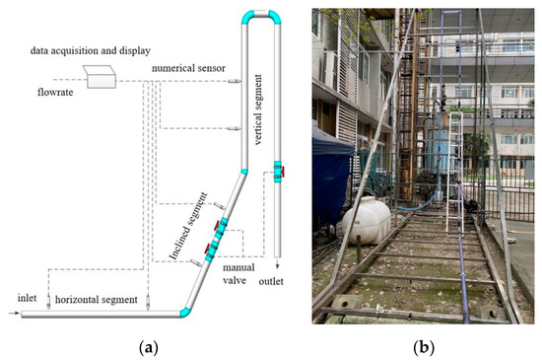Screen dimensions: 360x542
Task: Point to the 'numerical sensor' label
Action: click(189, 69)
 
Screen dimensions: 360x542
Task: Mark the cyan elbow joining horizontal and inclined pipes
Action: click(187, 310)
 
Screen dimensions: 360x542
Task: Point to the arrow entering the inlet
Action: click(12, 314)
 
